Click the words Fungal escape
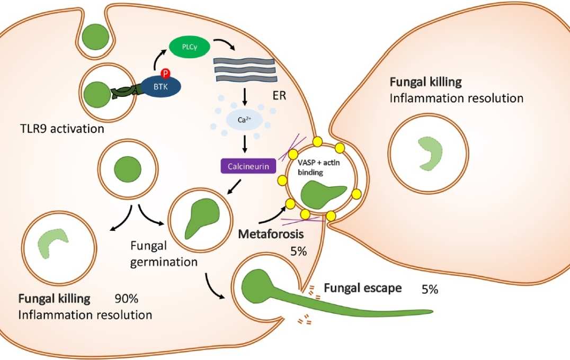point(362,288)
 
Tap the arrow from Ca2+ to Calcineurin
point(245,144)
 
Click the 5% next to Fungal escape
point(430,290)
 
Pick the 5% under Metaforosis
point(299,251)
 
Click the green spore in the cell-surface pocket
point(95,35)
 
